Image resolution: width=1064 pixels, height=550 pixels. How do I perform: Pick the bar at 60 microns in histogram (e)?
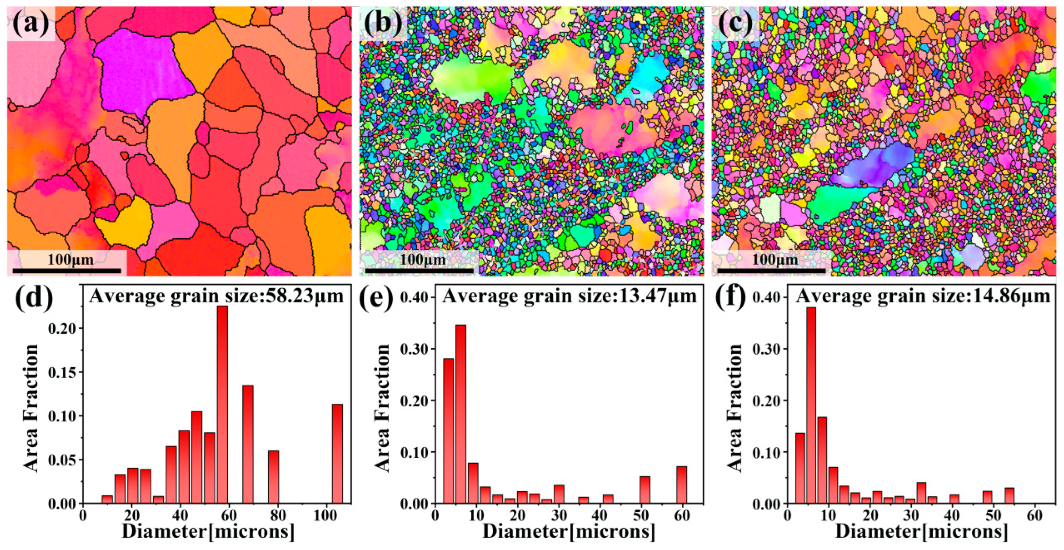[x=682, y=485]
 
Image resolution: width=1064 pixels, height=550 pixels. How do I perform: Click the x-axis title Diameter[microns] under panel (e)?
[x=568, y=531]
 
